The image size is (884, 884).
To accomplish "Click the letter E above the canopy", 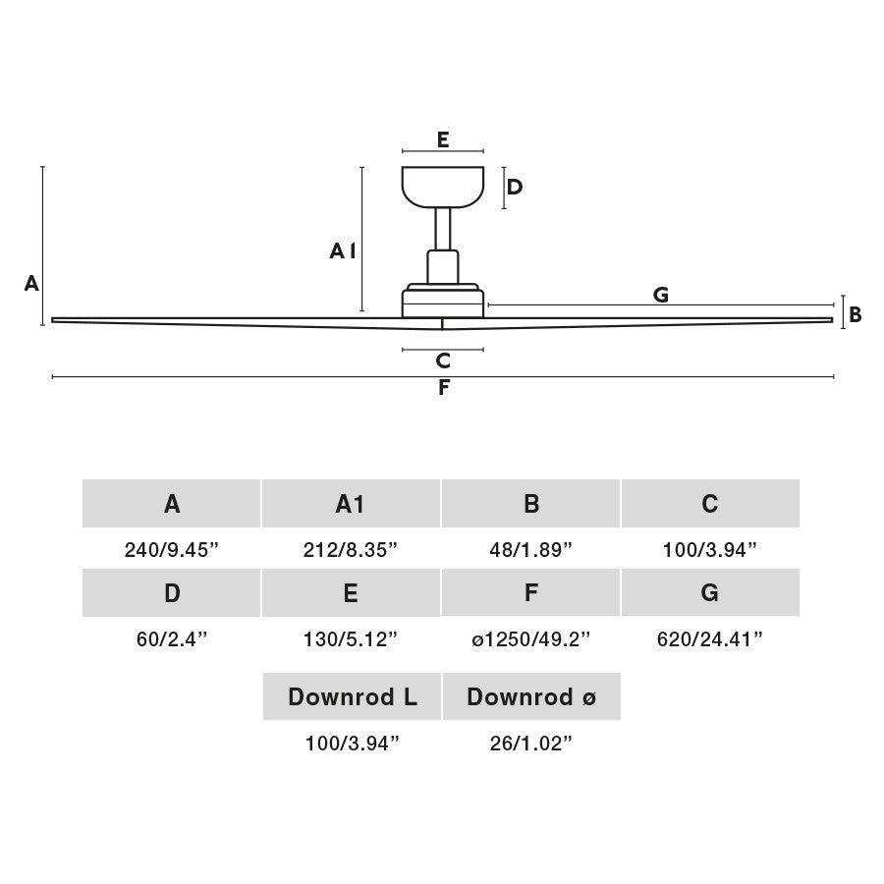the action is [x=443, y=139].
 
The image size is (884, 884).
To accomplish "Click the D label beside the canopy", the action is [x=514, y=187].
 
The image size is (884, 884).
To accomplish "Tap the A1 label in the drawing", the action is [x=343, y=250].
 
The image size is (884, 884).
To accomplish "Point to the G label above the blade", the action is [x=661, y=295].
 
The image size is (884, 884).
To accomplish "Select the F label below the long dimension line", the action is [x=444, y=387].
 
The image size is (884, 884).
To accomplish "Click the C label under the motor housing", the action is [x=443, y=360].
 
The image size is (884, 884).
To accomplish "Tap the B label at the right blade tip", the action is [x=855, y=314].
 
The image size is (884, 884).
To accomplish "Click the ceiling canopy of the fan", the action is [x=443, y=186].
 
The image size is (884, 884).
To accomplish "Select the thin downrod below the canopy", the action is [x=443, y=229].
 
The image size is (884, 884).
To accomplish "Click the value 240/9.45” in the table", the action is [x=171, y=550].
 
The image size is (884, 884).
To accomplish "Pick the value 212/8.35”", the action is [x=350, y=550].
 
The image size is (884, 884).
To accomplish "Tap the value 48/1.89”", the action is [x=530, y=550].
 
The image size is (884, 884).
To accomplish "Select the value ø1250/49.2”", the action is [x=530, y=639].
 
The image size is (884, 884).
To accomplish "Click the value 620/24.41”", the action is [x=710, y=639].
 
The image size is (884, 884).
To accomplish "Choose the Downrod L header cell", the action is [x=352, y=696].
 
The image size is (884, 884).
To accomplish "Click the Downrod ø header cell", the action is [x=531, y=696].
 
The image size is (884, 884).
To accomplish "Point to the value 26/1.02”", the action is [x=530, y=744].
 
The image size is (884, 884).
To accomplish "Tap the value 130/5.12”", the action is [x=350, y=639].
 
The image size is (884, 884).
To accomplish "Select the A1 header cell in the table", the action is [x=351, y=504].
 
